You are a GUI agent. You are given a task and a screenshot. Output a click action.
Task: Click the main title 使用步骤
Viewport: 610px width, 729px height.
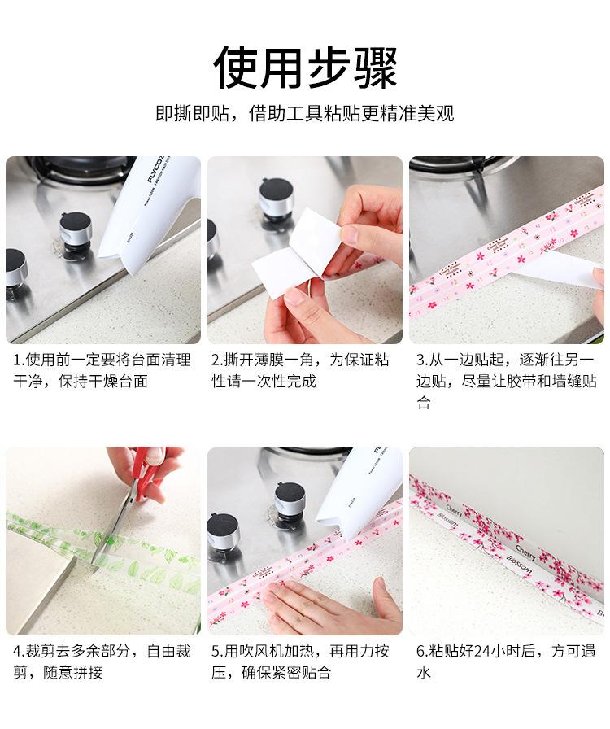tap(305, 68)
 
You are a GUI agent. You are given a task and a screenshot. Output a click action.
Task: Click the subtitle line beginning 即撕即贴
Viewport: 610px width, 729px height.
tap(304, 113)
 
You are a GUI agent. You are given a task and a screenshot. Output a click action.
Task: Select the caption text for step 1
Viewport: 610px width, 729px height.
tap(102, 370)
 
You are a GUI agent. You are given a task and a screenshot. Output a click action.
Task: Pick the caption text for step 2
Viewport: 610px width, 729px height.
tap(300, 370)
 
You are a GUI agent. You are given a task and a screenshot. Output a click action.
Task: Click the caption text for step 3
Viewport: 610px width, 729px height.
tap(506, 382)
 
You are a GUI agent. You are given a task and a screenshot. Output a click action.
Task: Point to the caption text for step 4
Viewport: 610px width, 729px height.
tap(102, 661)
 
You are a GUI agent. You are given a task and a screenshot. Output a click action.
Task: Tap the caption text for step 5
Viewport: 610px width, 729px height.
tap(300, 661)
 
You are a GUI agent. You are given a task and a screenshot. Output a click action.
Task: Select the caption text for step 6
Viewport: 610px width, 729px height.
tap(506, 661)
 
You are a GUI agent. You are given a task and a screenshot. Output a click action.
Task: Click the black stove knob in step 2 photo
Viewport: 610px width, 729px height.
tap(277, 199)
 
